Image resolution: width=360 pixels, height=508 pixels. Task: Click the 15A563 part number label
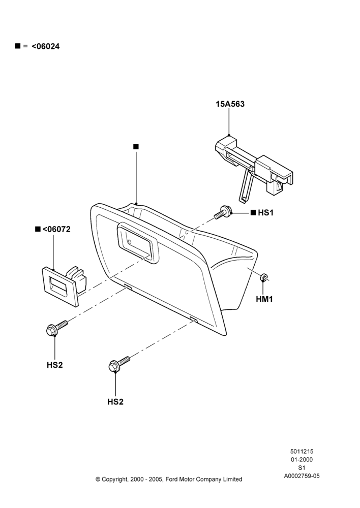(x=230, y=104)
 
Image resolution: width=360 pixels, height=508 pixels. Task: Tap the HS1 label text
(x=265, y=212)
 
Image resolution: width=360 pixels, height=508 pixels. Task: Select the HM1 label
(x=264, y=299)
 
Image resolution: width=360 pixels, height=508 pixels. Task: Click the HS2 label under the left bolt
(x=54, y=365)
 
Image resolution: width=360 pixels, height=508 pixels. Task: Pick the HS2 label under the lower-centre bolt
(x=115, y=402)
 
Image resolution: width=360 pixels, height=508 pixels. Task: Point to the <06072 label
(x=56, y=229)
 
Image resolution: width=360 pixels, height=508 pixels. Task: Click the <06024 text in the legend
(x=46, y=46)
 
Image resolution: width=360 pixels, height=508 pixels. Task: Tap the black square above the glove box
(x=136, y=146)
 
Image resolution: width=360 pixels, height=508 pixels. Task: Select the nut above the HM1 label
(x=264, y=277)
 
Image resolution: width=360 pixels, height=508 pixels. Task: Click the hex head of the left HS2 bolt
(x=51, y=331)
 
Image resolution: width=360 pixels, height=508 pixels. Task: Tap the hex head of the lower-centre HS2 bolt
(x=114, y=366)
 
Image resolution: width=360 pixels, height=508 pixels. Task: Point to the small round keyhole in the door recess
(x=129, y=241)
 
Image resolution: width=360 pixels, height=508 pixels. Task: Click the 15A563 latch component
(x=255, y=168)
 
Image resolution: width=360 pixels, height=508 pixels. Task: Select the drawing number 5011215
(x=302, y=451)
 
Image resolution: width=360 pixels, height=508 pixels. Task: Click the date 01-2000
(x=302, y=459)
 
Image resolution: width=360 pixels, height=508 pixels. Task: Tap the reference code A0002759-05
(x=302, y=476)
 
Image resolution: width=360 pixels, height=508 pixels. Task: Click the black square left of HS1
(x=253, y=212)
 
